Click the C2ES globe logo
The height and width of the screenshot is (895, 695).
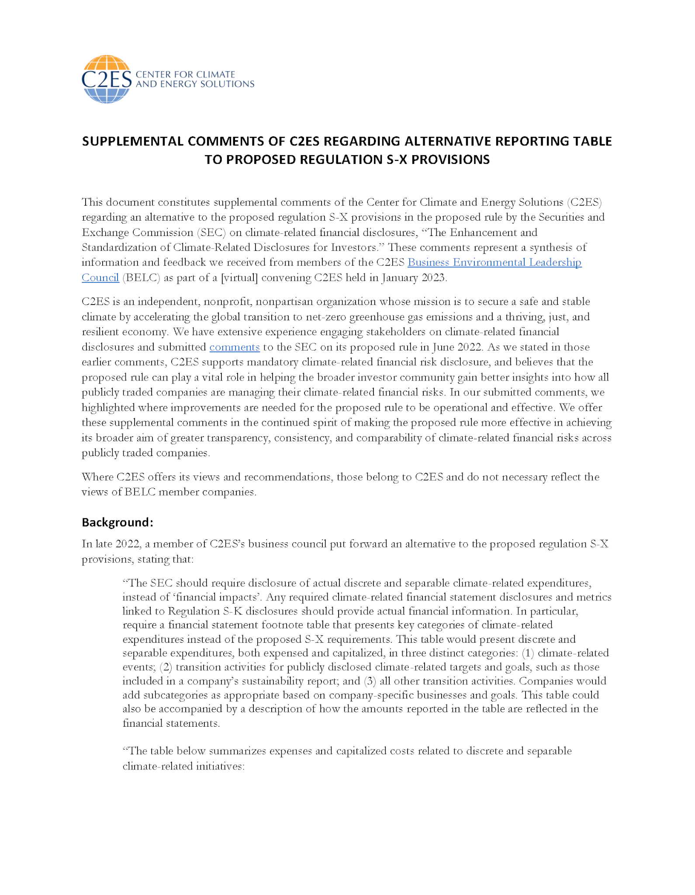106,79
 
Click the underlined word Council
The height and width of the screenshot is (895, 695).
100,278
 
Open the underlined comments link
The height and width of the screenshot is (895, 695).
235,347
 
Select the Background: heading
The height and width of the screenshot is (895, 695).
118,522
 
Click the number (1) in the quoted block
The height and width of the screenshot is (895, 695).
528,653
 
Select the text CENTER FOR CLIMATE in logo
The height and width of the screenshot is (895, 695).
186,74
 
